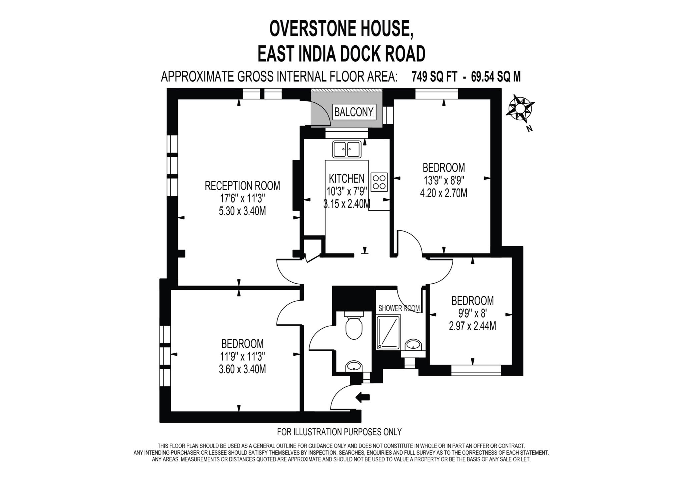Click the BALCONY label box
[x=354, y=112]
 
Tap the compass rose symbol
[x=520, y=109]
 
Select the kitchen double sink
[x=347, y=149]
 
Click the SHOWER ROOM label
[x=399, y=308]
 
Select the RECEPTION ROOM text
[x=242, y=186]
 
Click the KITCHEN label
[x=347, y=179]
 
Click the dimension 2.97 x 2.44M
[x=472, y=326]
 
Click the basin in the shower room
[x=414, y=345]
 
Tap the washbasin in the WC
[x=354, y=366]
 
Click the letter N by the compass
[x=529, y=129]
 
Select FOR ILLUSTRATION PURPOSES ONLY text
[x=339, y=432]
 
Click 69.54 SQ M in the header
[x=496, y=77]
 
